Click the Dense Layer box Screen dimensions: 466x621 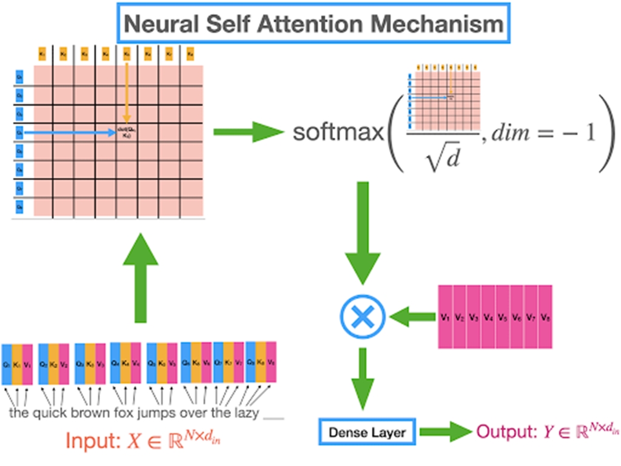(x=368, y=432)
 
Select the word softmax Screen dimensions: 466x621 (x=338, y=132)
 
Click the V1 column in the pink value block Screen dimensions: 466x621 (x=445, y=317)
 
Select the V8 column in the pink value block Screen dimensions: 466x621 (x=545, y=317)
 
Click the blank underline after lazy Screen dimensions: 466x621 (x=274, y=417)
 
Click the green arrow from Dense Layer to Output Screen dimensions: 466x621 (x=445, y=432)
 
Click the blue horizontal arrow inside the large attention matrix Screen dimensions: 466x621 (x=67, y=131)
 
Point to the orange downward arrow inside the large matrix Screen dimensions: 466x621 (x=127, y=91)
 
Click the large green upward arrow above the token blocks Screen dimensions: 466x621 (x=141, y=279)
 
